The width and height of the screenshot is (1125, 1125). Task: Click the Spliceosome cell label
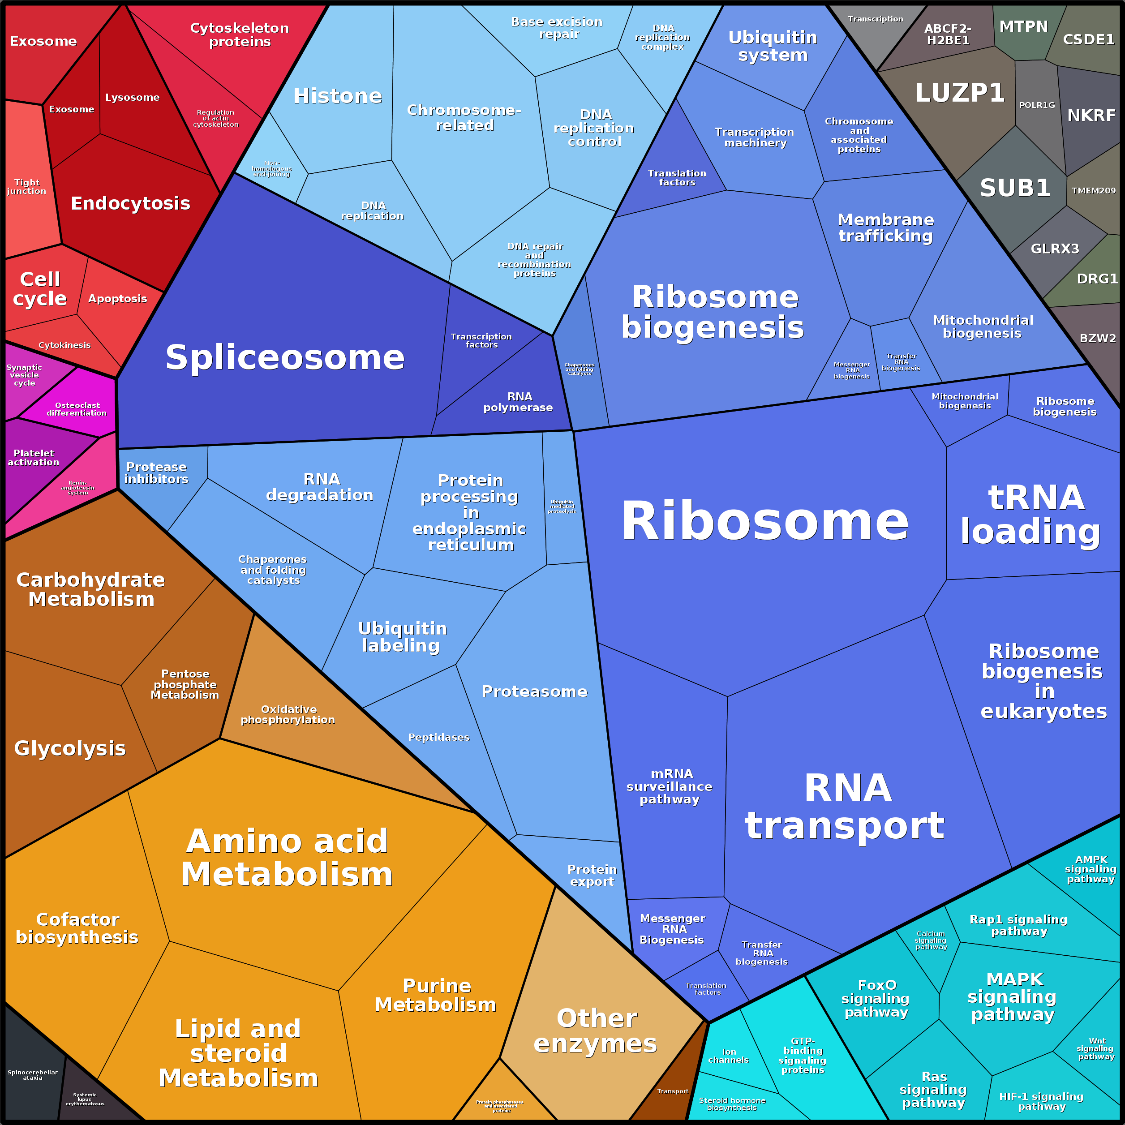[285, 357]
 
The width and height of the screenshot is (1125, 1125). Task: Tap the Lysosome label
[132, 98]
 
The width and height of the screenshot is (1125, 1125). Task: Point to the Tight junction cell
[27, 187]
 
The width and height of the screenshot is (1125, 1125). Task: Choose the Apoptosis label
[118, 299]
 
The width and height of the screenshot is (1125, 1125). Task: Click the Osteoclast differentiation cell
[76, 409]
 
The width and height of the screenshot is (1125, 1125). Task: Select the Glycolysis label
[70, 748]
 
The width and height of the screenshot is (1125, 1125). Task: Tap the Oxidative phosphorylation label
[288, 714]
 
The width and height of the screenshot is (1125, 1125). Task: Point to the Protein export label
[592, 876]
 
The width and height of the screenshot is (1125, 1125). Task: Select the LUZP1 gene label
[960, 93]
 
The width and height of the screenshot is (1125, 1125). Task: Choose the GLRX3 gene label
[1055, 249]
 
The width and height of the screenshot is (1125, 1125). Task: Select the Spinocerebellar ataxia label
[33, 1075]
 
